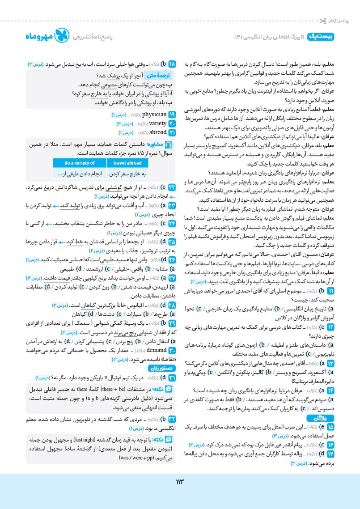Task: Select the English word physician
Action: pyautogui.click(x=142, y=115)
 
